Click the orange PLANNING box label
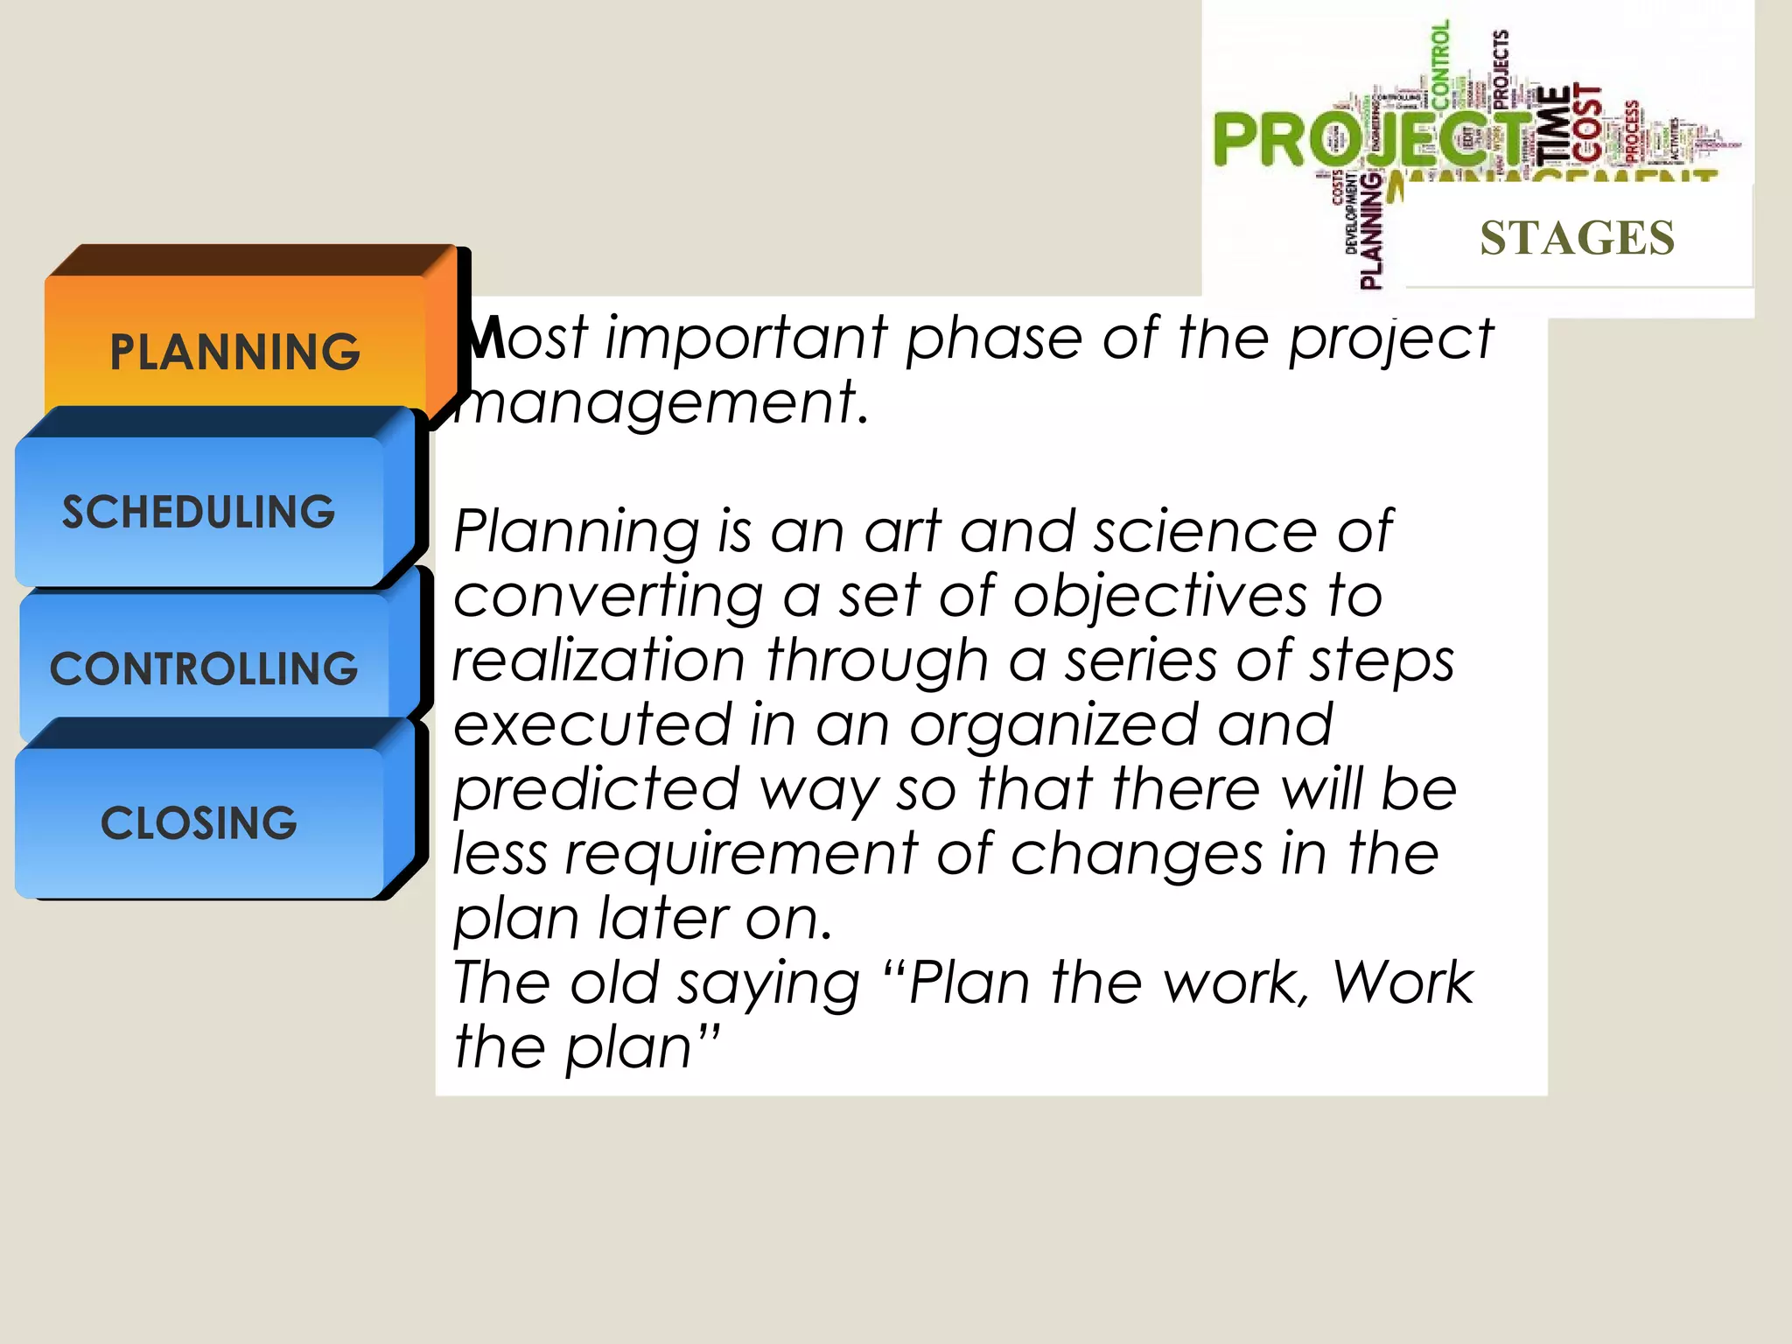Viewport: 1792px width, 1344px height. pyautogui.click(x=234, y=352)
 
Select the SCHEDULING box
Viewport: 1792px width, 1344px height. pyautogui.click(x=199, y=512)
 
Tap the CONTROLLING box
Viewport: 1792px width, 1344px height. pyautogui.click(x=204, y=668)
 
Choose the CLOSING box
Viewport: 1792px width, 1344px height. pyautogui.click(x=199, y=823)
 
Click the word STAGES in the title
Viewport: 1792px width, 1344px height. pyautogui.click(x=1577, y=238)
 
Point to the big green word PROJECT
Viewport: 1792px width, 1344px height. pyautogui.click(x=1365, y=140)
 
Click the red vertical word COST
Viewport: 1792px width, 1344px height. pyautogui.click(x=1587, y=122)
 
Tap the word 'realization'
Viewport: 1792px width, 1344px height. pyautogui.click(x=598, y=660)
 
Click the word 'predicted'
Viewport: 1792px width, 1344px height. pyautogui.click(x=597, y=789)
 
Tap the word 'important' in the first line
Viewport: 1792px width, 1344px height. pyautogui.click(x=746, y=338)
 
